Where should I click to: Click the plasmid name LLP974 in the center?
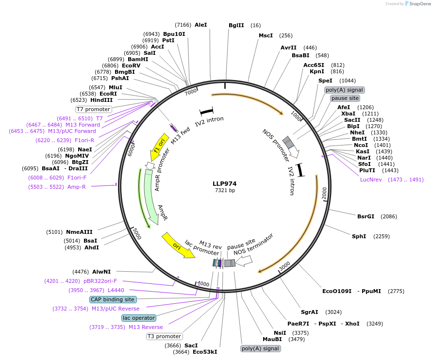224,183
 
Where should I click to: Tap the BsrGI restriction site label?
366,216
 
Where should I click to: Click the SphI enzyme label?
359,236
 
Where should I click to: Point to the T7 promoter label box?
93,109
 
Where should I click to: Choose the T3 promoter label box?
164,336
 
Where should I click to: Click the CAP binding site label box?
113,299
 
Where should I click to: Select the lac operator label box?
139,318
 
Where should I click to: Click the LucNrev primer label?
371,180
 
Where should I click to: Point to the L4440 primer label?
116,290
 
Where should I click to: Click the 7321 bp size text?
225,191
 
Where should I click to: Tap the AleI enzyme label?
200,24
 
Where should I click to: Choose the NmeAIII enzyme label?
79,231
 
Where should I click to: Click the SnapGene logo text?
419,4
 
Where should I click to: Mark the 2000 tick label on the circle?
324,193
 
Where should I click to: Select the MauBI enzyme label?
272,339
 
